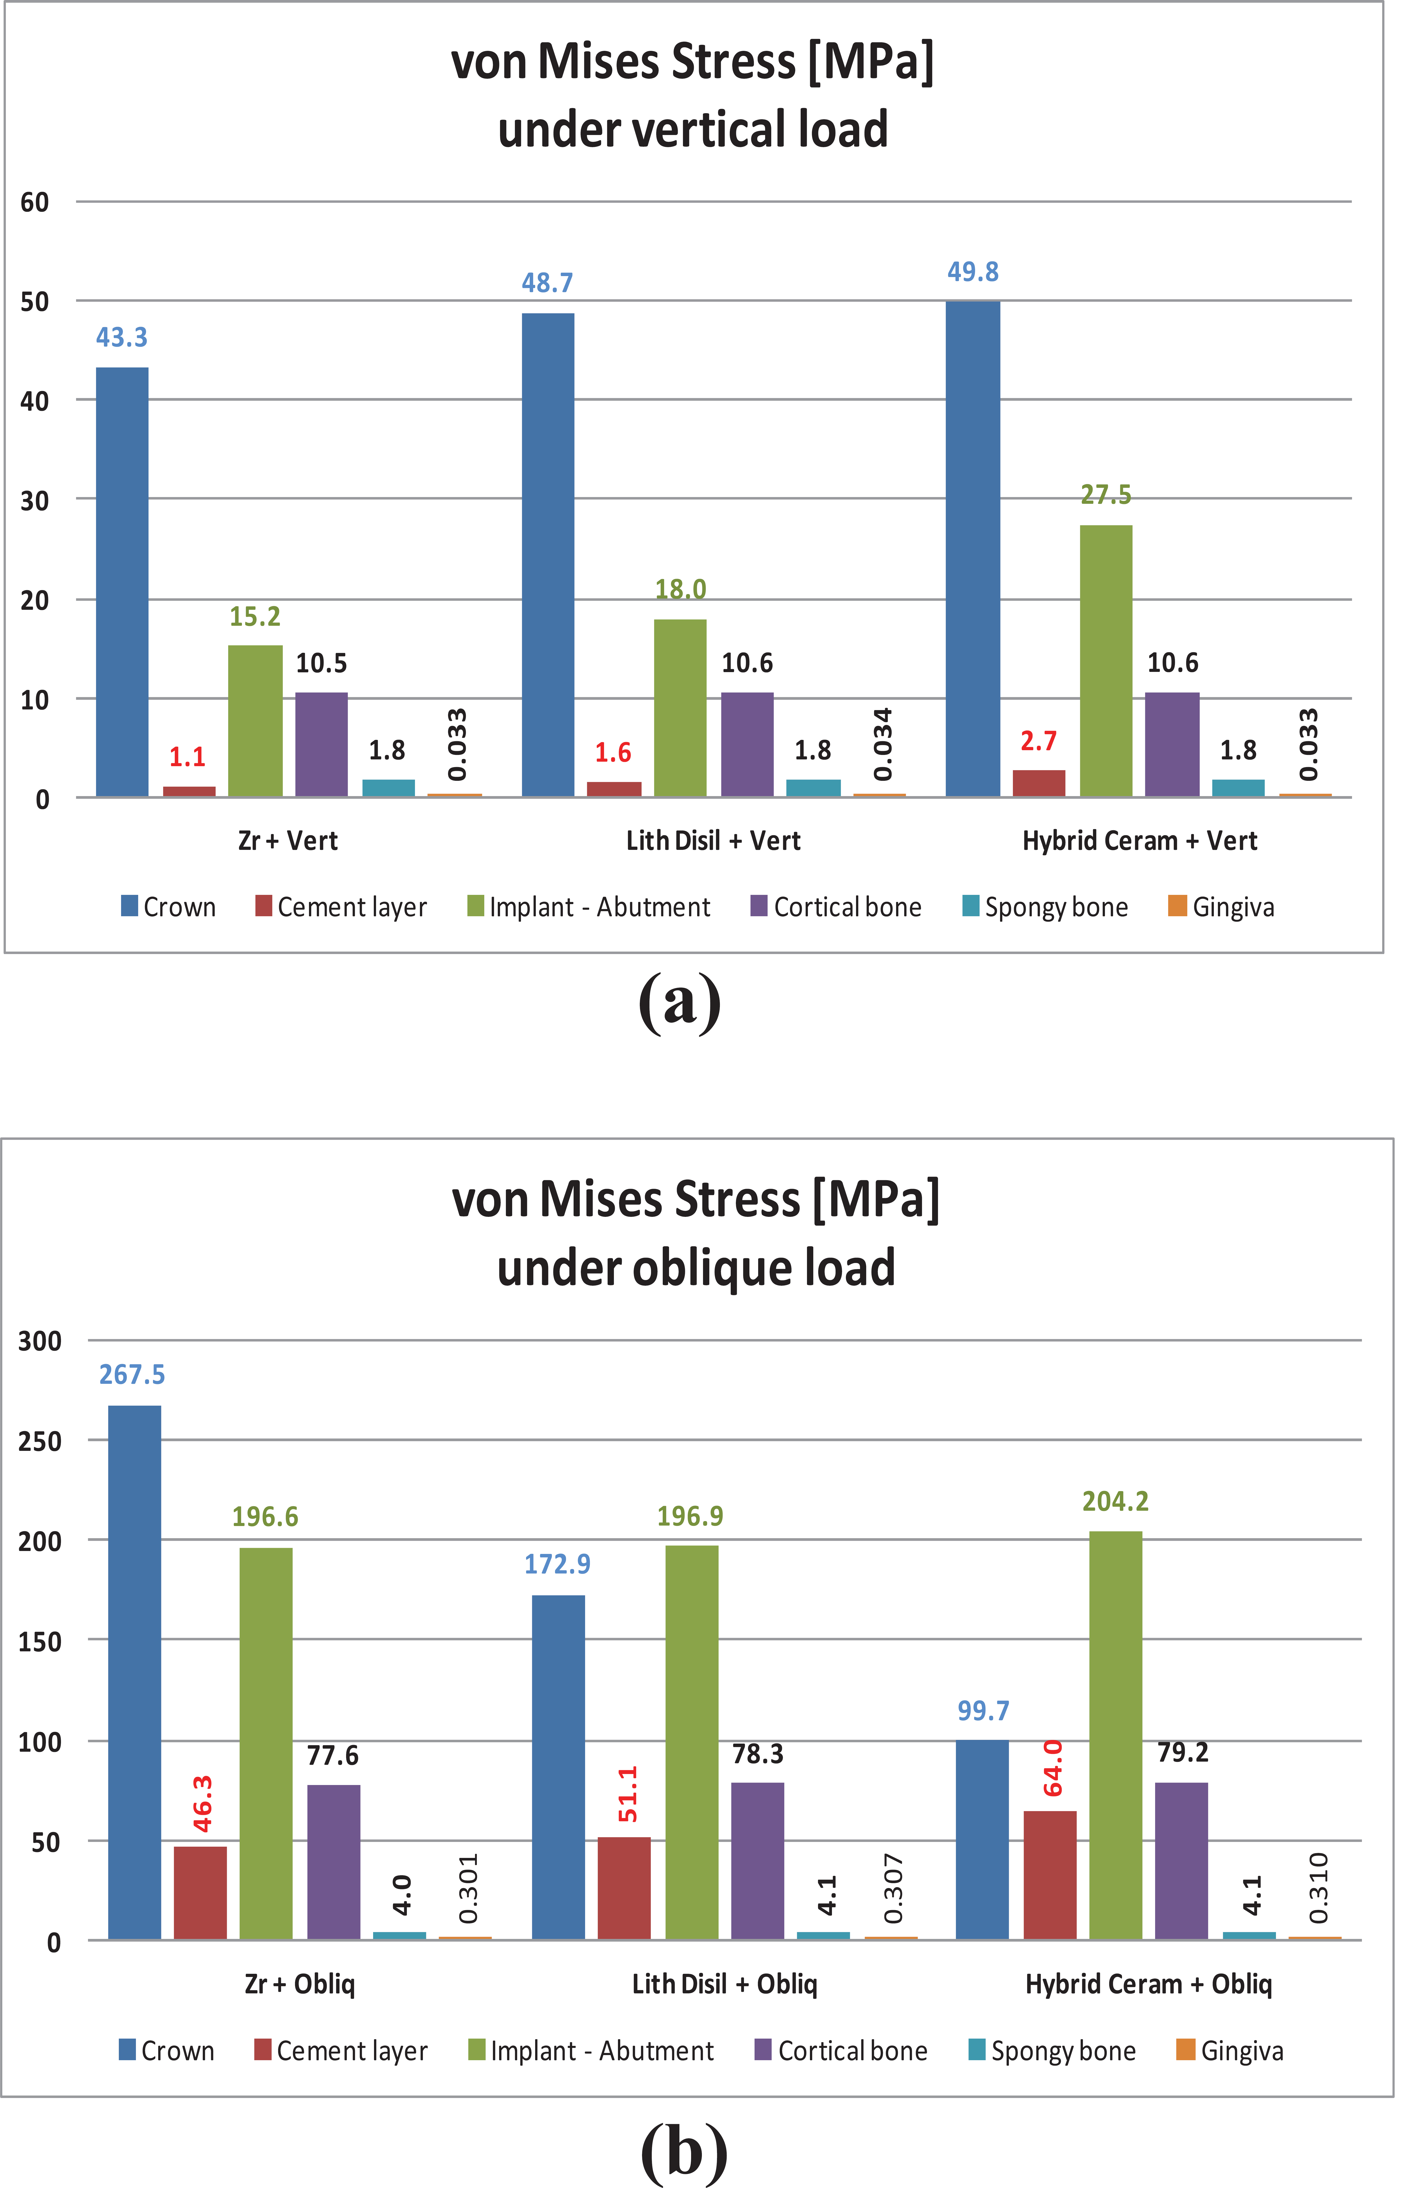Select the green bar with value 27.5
pyautogui.click(x=1106, y=661)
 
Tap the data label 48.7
pyautogui.click(x=547, y=283)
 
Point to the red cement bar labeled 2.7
pyautogui.click(x=1038, y=783)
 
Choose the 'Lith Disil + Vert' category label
pyautogui.click(x=713, y=841)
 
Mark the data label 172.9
pyautogui.click(x=557, y=1564)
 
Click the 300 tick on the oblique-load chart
pyautogui.click(x=40, y=1341)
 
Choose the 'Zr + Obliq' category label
pyautogui.click(x=300, y=1984)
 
